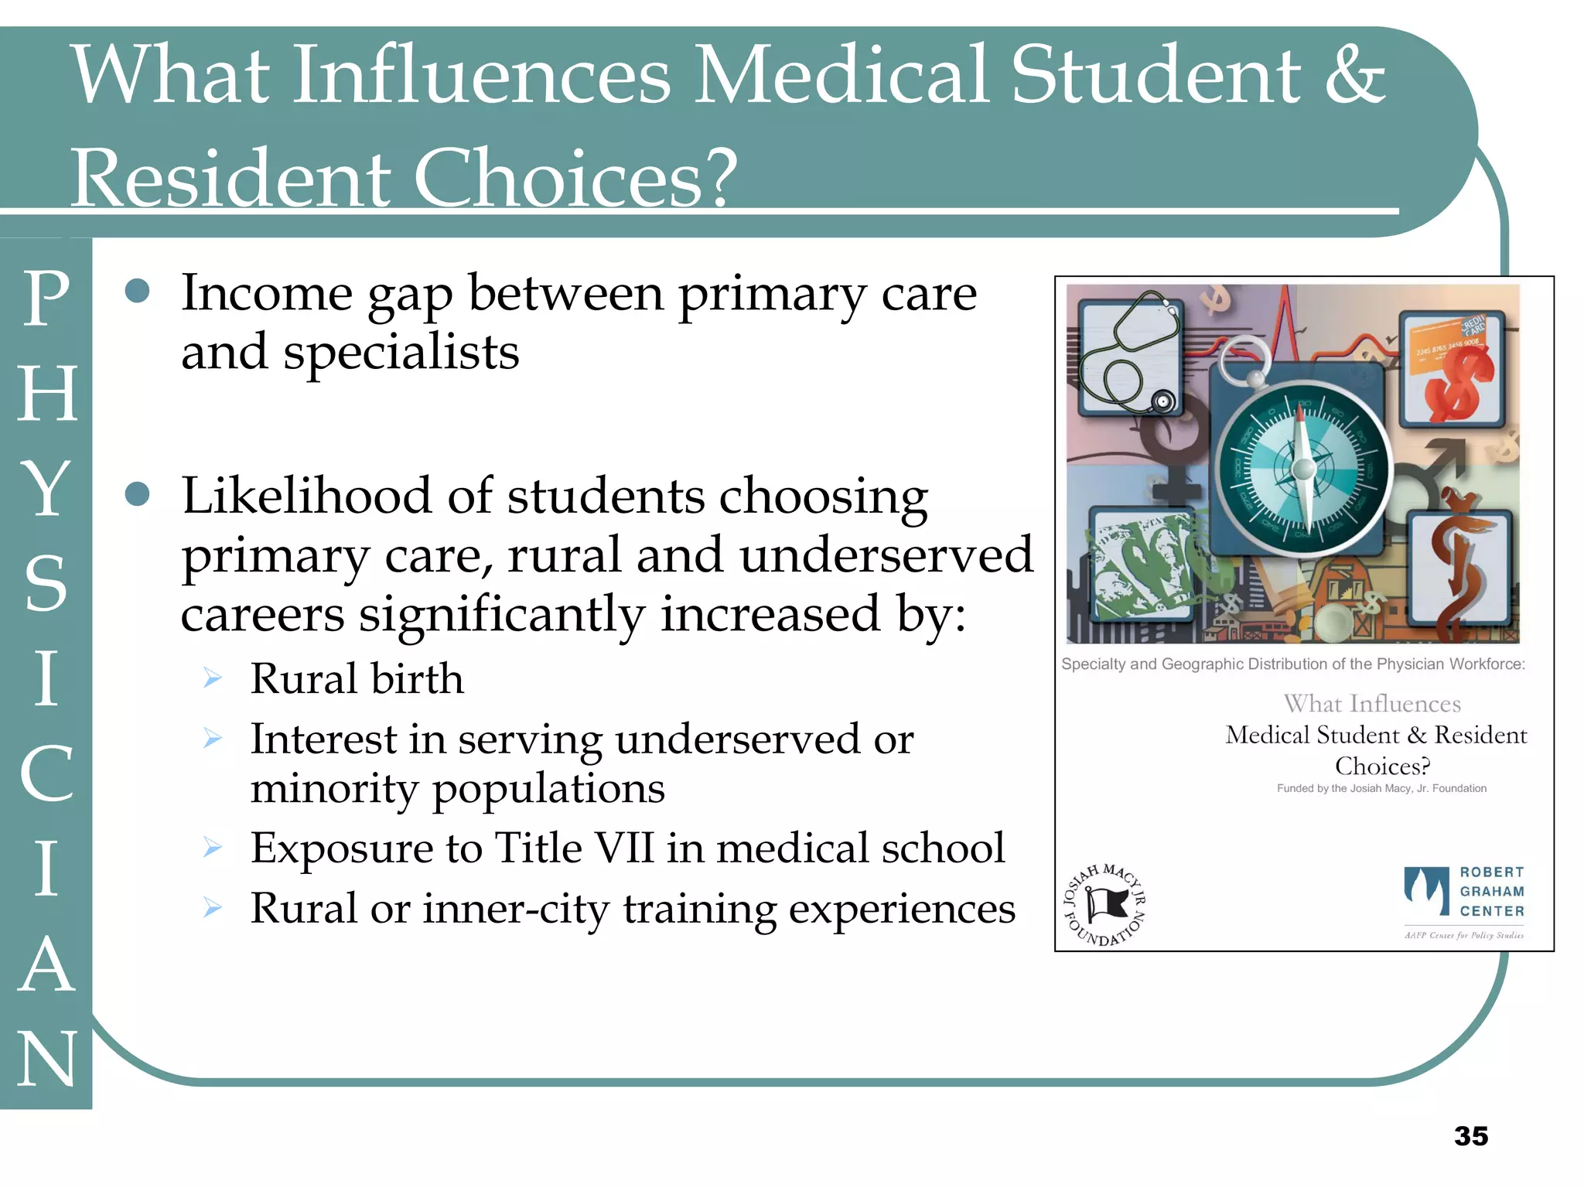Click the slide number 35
point(1470,1135)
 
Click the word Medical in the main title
point(842,75)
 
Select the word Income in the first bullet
point(268,294)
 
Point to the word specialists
point(401,353)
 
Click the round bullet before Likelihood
point(137,493)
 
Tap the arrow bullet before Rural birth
point(213,679)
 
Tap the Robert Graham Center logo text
point(1491,892)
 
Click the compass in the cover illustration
point(1303,467)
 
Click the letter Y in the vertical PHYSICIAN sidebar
point(46,488)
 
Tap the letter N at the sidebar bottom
point(46,1060)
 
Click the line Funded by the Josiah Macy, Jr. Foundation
point(1381,788)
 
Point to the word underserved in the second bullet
point(886,555)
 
